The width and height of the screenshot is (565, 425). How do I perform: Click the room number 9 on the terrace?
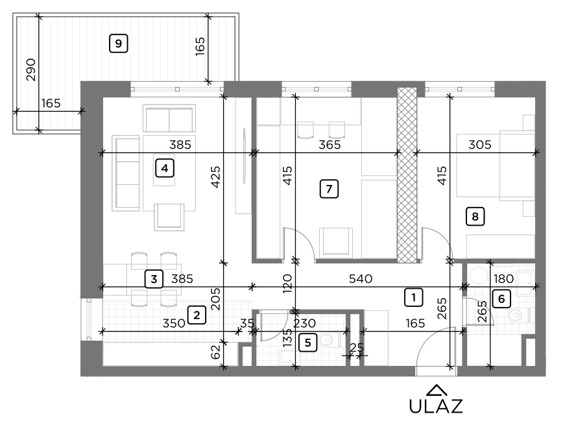(x=118, y=43)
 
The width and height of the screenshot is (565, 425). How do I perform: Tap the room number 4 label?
(x=165, y=169)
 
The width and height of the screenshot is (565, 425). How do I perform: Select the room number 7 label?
(x=329, y=189)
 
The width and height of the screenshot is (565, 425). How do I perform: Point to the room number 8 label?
(x=475, y=217)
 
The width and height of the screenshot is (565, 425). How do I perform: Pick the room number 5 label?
(x=308, y=341)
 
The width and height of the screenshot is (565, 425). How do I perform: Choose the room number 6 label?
(x=501, y=299)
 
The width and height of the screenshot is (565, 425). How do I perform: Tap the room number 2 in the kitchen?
(x=195, y=315)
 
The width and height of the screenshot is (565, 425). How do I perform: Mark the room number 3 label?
(x=153, y=280)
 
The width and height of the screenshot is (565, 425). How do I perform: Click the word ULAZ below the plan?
(x=436, y=406)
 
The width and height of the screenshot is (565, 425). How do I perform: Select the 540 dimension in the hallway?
(x=360, y=280)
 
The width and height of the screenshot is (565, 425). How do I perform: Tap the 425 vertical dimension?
(x=216, y=177)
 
